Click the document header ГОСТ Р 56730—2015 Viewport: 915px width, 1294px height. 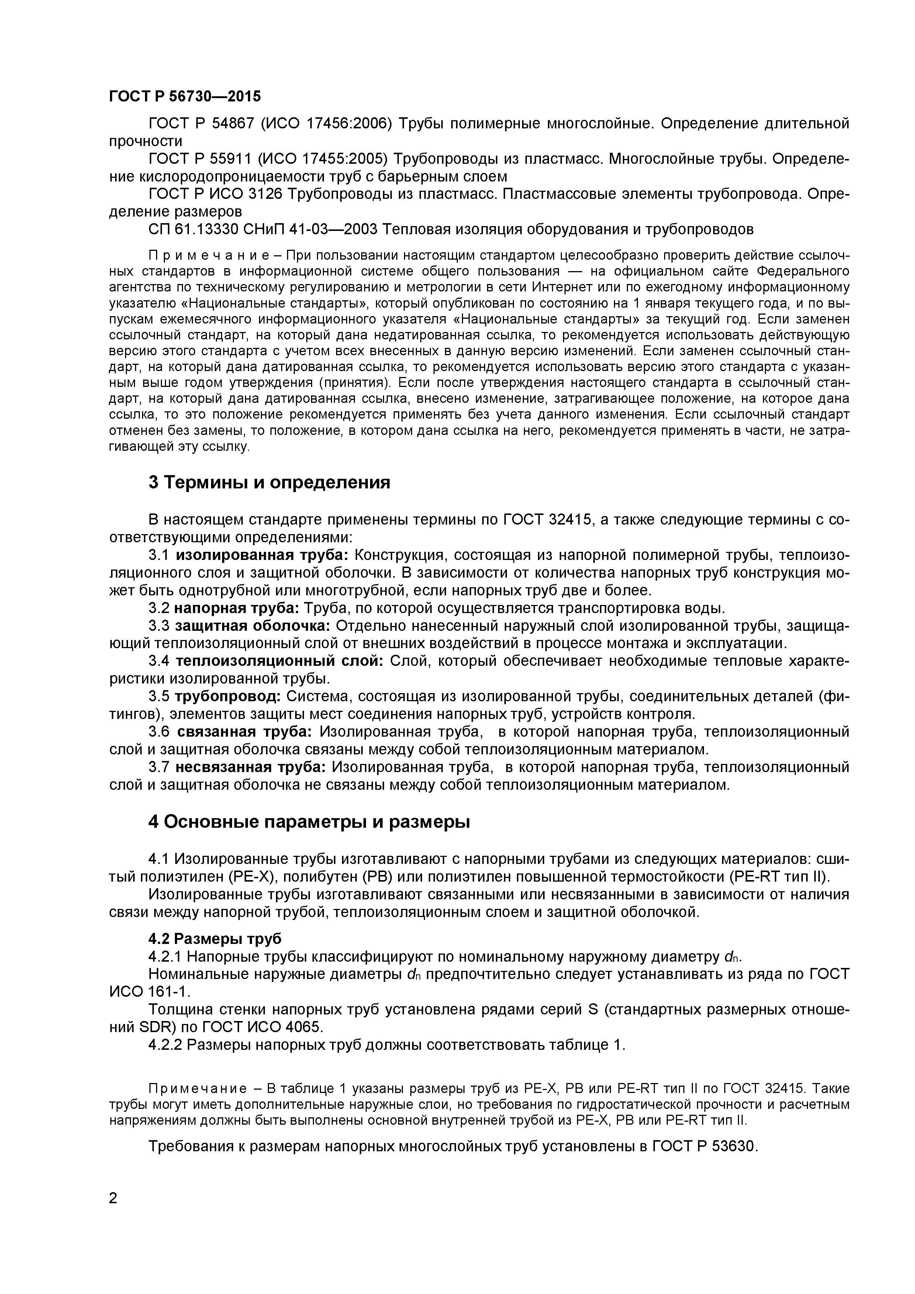[x=184, y=96]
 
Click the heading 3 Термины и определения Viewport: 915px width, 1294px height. [x=269, y=482]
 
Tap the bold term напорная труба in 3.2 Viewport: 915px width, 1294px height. [x=237, y=608]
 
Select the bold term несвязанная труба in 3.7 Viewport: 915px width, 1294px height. [x=250, y=767]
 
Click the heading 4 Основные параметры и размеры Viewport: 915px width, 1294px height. [x=308, y=822]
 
